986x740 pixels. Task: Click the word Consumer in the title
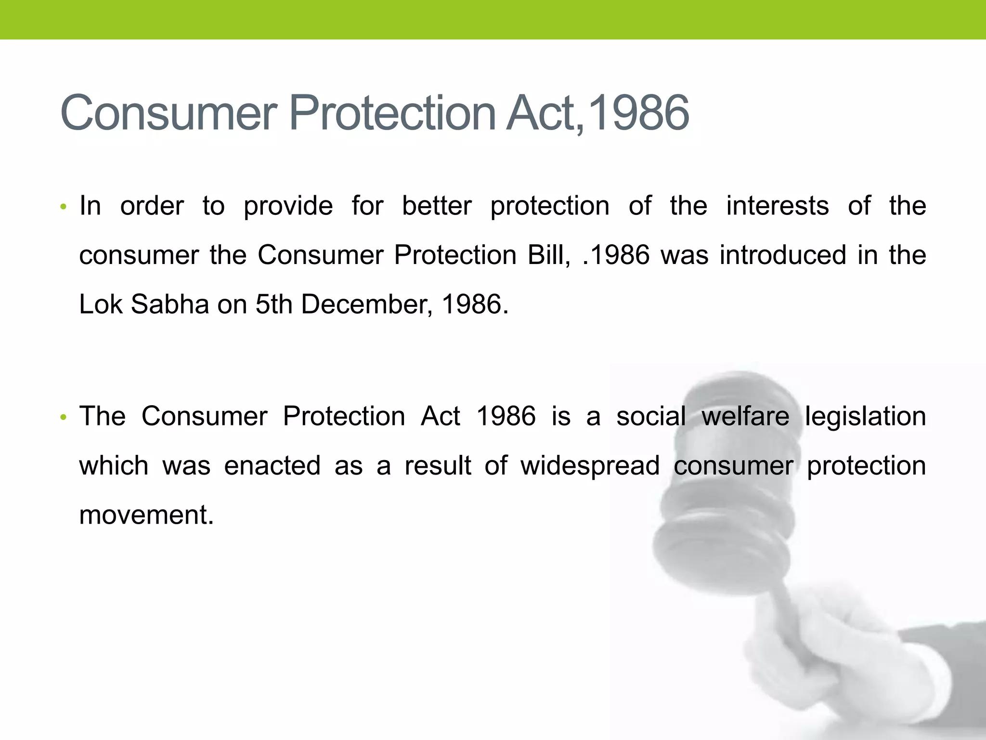click(169, 114)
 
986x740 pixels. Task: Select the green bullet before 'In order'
click(63, 207)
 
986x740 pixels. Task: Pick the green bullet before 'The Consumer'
click(63, 417)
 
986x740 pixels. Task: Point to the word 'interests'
click(777, 206)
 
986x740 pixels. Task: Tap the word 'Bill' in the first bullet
click(548, 255)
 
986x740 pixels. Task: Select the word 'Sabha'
click(169, 304)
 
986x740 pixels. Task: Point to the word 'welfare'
click(745, 416)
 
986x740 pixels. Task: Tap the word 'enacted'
click(272, 466)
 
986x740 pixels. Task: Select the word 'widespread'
click(590, 467)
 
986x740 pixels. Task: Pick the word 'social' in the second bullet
click(651, 416)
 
